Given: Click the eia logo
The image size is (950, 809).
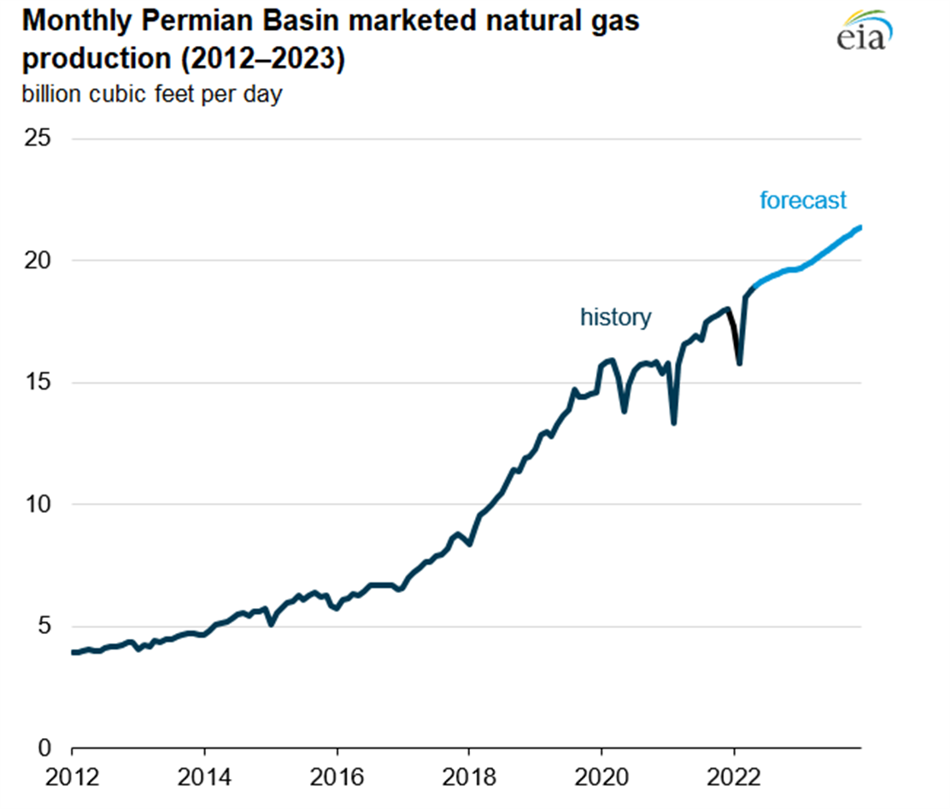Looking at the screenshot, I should click(x=864, y=31).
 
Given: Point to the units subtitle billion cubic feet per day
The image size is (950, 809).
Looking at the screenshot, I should click(x=152, y=94).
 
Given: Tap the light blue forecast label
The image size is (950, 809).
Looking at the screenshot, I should click(x=802, y=200).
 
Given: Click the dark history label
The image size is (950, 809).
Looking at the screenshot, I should click(x=616, y=317).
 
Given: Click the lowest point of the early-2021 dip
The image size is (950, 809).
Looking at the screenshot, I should click(x=673, y=423).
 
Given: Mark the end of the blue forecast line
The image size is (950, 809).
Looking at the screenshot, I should click(x=860, y=227).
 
